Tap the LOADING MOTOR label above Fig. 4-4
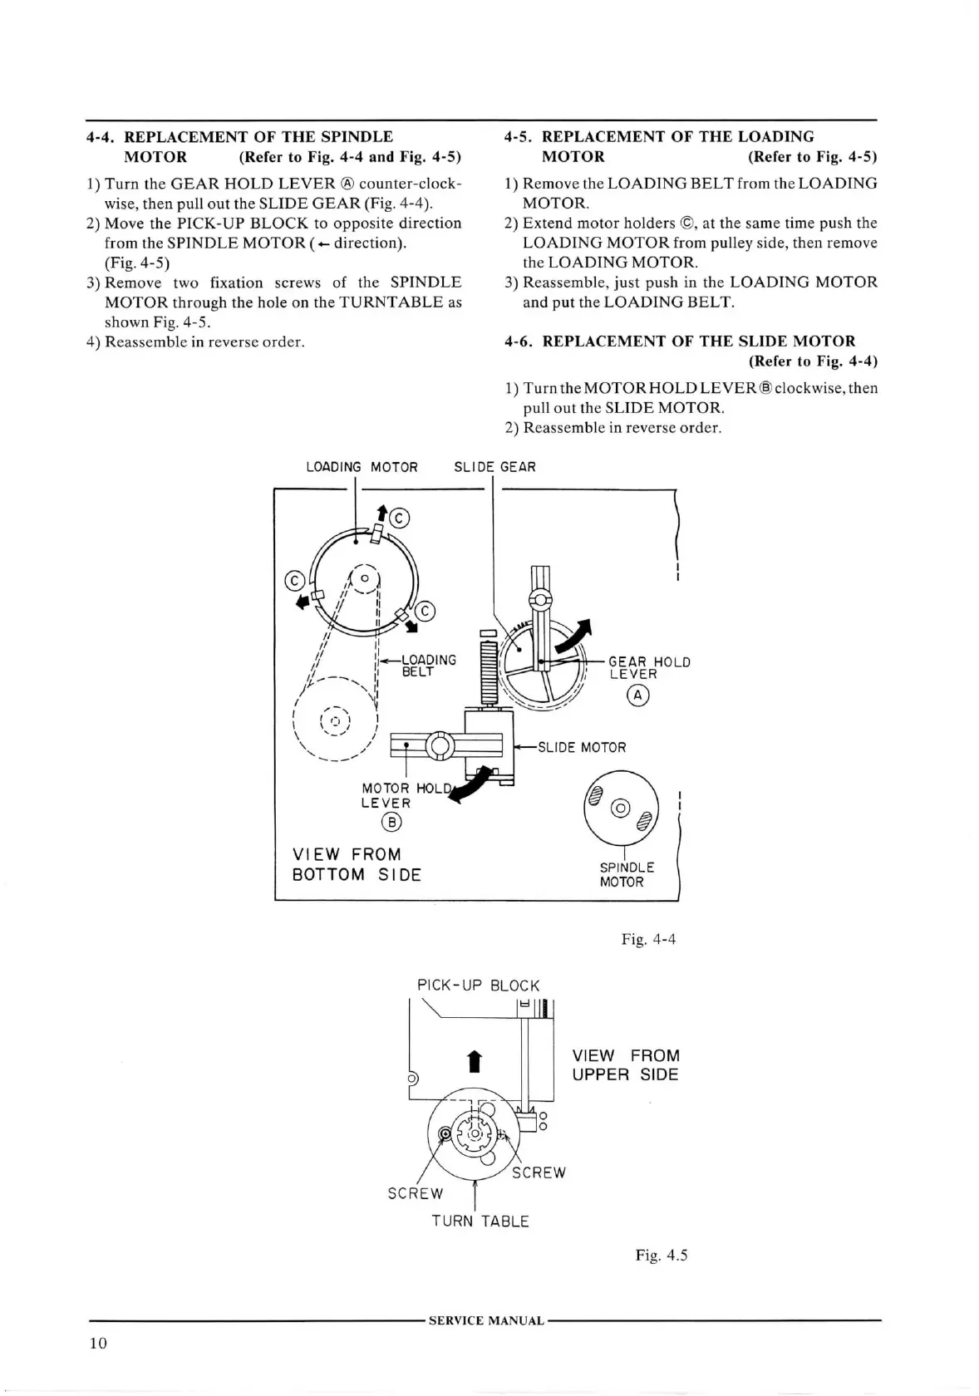pyautogui.click(x=362, y=467)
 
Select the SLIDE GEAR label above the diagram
pyautogui.click(x=494, y=467)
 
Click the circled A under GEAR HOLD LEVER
pyautogui.click(x=638, y=695)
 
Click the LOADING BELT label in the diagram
pyautogui.click(x=428, y=666)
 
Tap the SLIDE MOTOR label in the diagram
pyautogui.click(x=582, y=748)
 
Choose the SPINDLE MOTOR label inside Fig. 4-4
pyautogui.click(x=627, y=874)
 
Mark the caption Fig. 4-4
pyautogui.click(x=648, y=939)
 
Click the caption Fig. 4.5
pyautogui.click(x=662, y=1255)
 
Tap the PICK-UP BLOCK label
pyautogui.click(x=478, y=986)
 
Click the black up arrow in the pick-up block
pyautogui.click(x=473, y=1062)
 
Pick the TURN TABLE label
pyautogui.click(x=480, y=1221)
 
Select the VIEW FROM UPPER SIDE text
pyautogui.click(x=625, y=1065)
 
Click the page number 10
pyautogui.click(x=98, y=1344)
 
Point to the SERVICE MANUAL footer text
pyautogui.click(x=486, y=1320)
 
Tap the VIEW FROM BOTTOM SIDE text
pyautogui.click(x=357, y=864)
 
